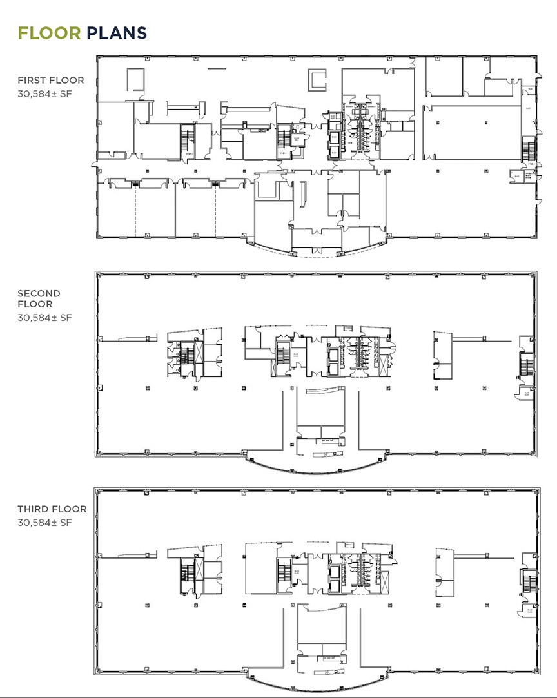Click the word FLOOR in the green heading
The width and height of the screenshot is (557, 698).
50,32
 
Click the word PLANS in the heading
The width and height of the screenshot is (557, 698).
117,32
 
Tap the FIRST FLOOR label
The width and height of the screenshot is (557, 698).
51,81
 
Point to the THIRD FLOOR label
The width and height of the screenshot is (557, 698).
52,509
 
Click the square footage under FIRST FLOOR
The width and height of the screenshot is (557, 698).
44,93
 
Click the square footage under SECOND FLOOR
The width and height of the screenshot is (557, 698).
44,317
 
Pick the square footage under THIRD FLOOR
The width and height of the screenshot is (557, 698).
44,522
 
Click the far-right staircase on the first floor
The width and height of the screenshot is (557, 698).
529,150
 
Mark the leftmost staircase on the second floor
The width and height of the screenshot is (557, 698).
185,356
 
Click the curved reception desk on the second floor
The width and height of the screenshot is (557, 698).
325,391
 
